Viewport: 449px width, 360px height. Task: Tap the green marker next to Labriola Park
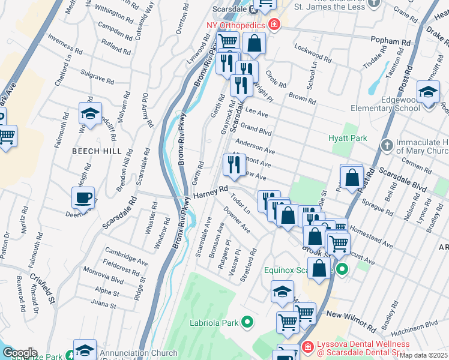pos(247,323)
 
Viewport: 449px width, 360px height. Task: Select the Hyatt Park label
pos(348,138)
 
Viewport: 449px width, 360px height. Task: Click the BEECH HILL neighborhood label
pos(97,151)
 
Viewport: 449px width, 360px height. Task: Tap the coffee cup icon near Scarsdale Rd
pos(83,197)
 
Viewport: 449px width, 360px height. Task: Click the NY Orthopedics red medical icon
pos(274,25)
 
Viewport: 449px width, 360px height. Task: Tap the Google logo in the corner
pos(19,353)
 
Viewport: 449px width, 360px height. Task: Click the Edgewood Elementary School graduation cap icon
pos(428,93)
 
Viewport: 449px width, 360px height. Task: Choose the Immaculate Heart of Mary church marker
pos(388,145)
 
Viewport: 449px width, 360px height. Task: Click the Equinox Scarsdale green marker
pos(342,269)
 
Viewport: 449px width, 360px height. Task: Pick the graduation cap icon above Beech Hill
pos(89,113)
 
